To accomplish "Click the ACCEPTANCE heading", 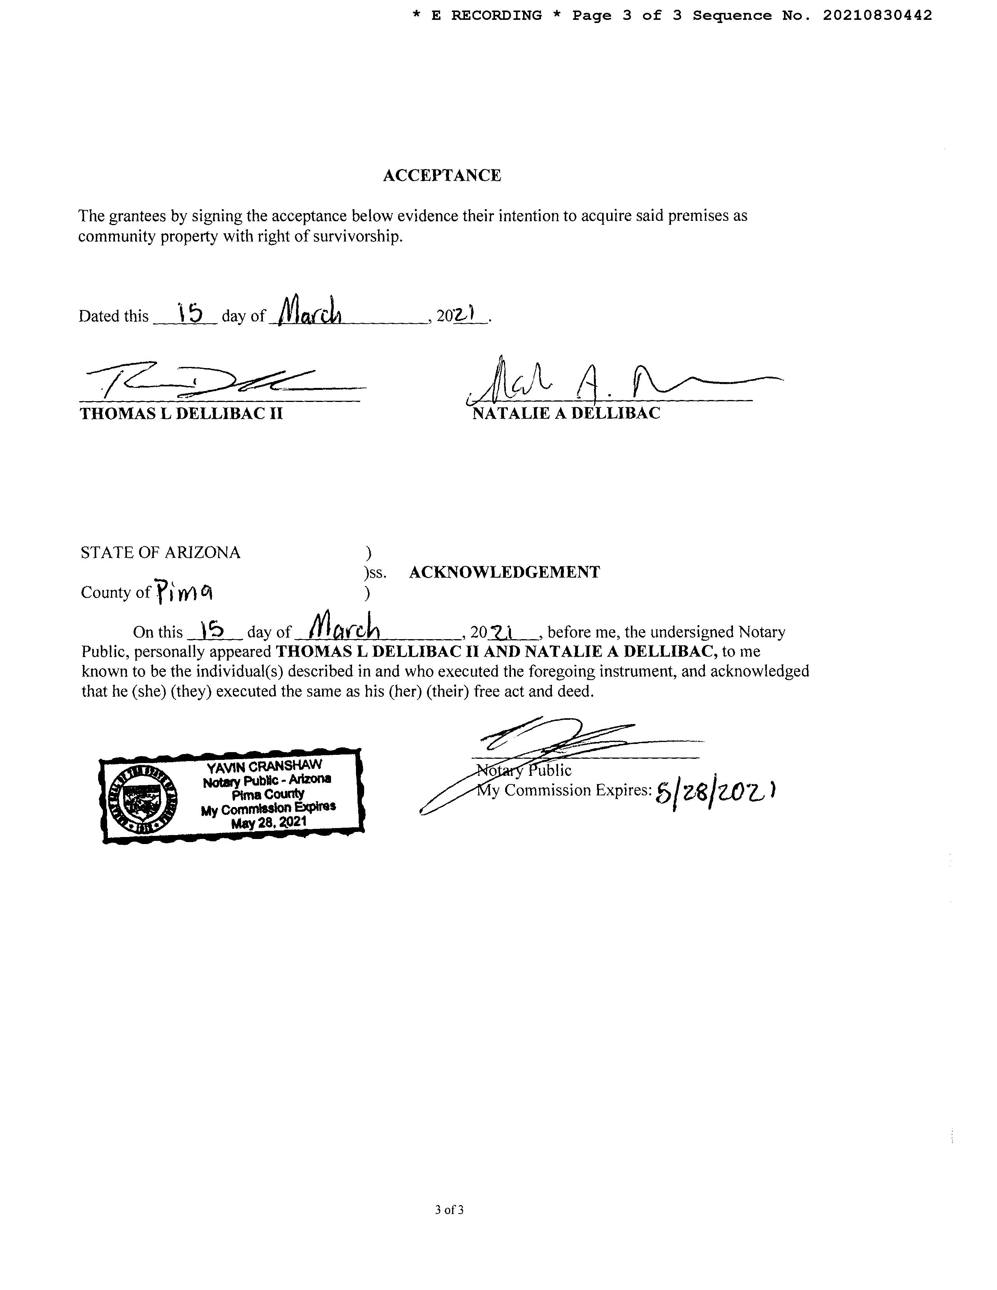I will pyautogui.click(x=442, y=175).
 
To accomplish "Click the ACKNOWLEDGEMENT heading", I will pyautogui.click(x=504, y=572).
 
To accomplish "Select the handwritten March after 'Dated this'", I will pyautogui.click(x=311, y=311).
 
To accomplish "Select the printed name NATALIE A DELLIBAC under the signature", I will pyautogui.click(x=566, y=413).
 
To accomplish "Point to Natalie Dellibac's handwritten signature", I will pyautogui.click(x=591, y=381).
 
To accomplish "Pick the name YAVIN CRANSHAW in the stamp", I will pyautogui.click(x=264, y=767).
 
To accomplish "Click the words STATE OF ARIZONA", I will pyautogui.click(x=161, y=552).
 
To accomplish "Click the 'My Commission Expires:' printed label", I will pyautogui.click(x=564, y=790).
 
